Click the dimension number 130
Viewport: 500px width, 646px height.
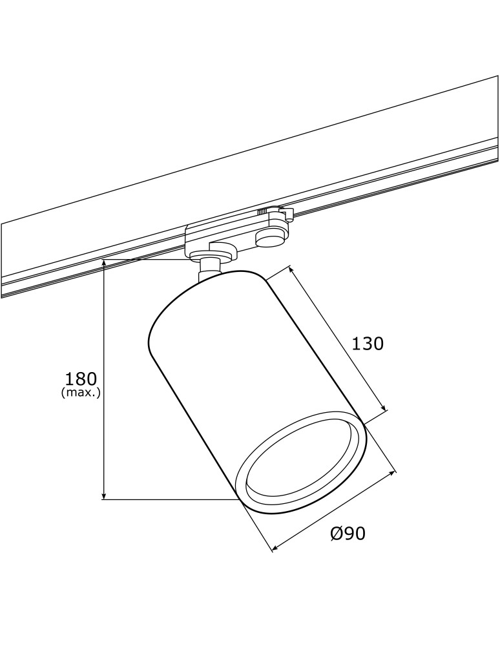[x=368, y=344]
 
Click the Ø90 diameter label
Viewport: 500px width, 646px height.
[x=348, y=534]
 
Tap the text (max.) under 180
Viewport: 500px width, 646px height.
[x=80, y=392]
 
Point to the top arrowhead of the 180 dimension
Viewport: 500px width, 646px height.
[x=103, y=264]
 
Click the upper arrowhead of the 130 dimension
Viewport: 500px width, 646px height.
[x=291, y=270]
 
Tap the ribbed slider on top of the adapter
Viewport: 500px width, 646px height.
[x=262, y=211]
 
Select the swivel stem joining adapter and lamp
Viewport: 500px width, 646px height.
[x=208, y=267]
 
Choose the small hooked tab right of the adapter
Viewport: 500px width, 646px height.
[x=288, y=213]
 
